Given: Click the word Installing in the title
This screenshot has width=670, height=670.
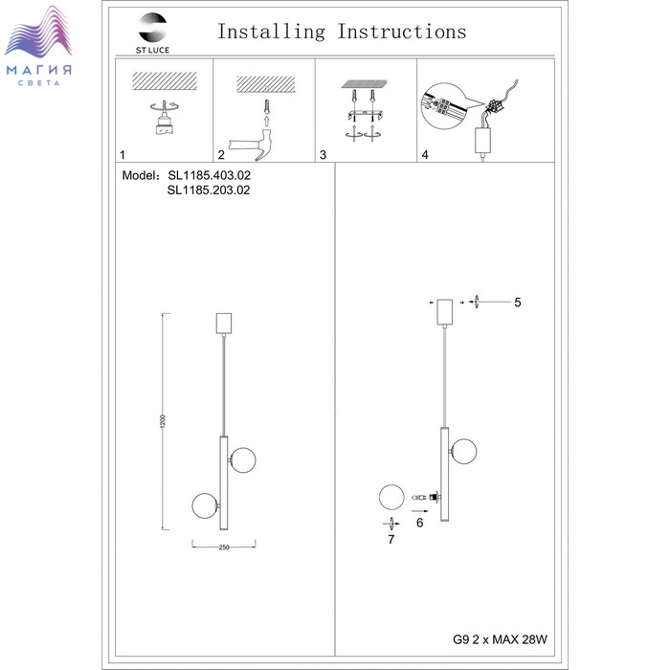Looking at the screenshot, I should [271, 32].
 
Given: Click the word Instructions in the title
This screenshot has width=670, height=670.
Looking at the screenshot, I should [402, 32].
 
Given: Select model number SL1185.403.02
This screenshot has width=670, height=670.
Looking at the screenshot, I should [209, 177].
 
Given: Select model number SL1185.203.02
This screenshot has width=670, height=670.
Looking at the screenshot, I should [209, 190].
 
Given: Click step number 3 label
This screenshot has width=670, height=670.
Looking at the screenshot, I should [324, 154].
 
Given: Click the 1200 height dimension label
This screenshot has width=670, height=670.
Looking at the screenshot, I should [164, 421].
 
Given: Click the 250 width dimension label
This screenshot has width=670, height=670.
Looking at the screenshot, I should [223, 547].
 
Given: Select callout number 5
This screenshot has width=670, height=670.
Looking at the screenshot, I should [517, 302].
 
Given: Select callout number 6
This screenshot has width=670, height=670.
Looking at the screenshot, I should [419, 523].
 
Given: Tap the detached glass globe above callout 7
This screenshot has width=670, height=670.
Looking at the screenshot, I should [391, 498].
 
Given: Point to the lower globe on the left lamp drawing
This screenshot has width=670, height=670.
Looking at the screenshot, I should [204, 504].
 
